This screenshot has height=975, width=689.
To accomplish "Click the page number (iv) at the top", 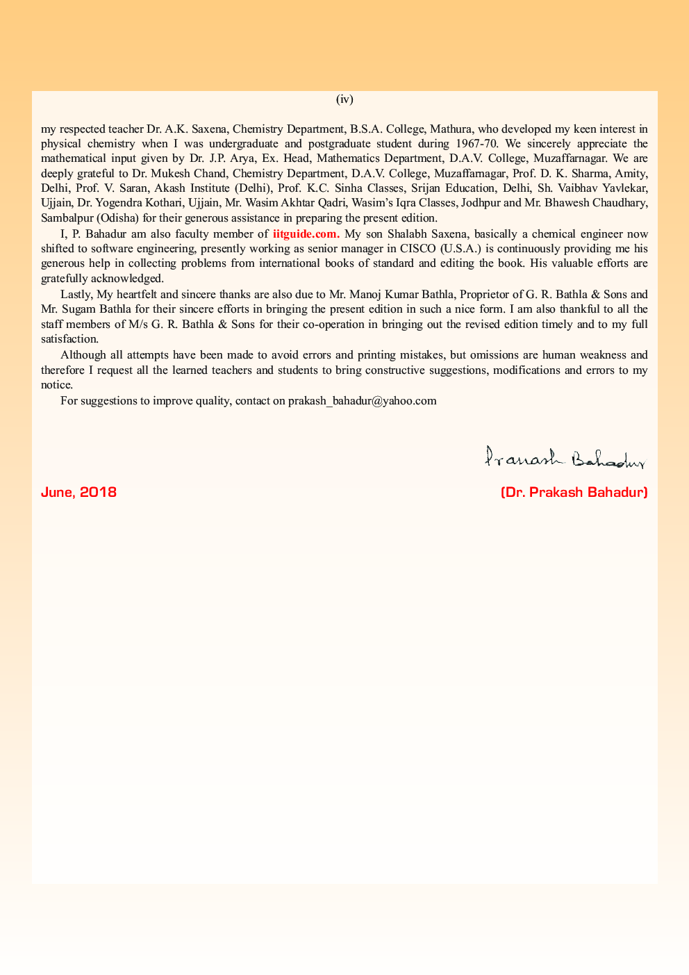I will pos(344,99).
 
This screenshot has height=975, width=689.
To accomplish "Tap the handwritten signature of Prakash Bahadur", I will pos(565,457).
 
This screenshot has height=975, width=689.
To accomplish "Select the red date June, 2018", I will pos(78,492).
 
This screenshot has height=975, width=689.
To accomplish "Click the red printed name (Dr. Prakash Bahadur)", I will pos(574,492).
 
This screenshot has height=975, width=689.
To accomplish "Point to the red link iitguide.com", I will pos(306,234).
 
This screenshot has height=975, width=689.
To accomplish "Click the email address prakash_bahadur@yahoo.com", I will pos(362,400).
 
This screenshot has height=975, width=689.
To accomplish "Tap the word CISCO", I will pos(417,249).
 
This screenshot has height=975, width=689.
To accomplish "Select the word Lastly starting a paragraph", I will pos(76,294).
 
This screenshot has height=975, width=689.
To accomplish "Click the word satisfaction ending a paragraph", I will pos(69,339).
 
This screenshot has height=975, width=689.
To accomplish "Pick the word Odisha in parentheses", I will pos(123,218).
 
